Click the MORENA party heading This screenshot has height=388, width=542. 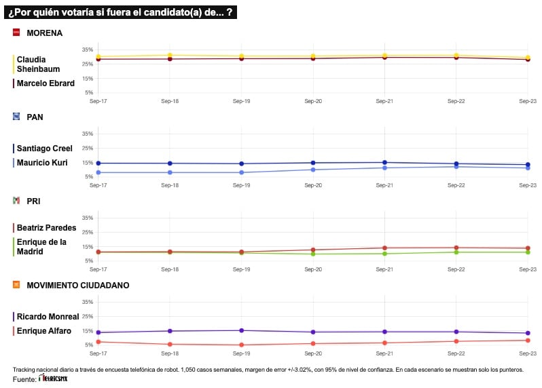(44, 33)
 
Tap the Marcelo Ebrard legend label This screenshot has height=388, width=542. (46, 83)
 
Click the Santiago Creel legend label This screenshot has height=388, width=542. (44, 149)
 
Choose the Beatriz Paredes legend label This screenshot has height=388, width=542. (46, 228)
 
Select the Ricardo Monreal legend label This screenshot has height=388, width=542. (48, 316)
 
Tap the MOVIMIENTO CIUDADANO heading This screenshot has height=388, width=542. (78, 286)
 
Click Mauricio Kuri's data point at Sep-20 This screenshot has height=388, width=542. (313, 170)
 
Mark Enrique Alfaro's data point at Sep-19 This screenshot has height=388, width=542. (241, 345)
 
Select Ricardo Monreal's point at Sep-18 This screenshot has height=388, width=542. (170, 331)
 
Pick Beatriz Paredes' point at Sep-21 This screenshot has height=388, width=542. (384, 248)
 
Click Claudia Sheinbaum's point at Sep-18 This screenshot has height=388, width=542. (170, 55)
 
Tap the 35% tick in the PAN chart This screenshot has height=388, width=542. (88, 134)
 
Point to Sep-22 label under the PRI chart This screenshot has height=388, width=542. (456, 269)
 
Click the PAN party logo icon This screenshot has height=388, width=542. (16, 117)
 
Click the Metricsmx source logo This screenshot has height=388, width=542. (53, 379)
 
